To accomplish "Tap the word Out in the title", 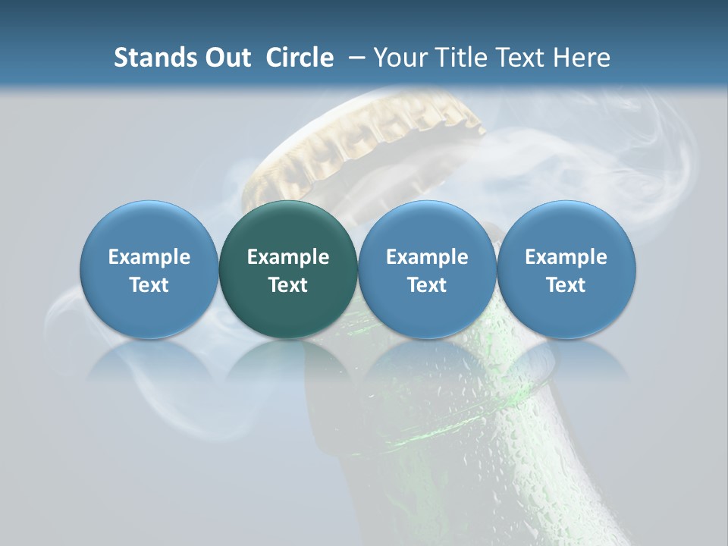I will [225, 58].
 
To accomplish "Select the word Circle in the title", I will [300, 58].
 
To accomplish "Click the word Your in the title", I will [397, 58].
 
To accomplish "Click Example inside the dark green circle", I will [288, 257].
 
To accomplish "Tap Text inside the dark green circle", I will [288, 285].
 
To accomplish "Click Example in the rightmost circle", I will [566, 257].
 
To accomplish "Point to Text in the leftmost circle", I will [149, 285].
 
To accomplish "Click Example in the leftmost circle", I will [149, 257].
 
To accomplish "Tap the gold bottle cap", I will [364, 144].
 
